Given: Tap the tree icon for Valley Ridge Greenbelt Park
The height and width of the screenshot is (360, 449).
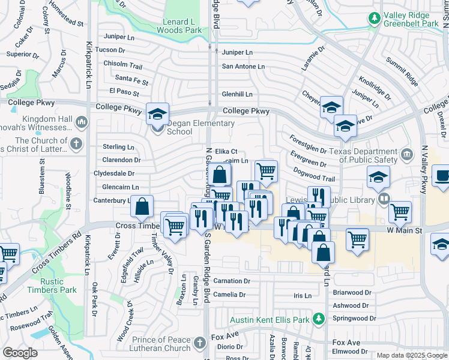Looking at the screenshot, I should (375, 19).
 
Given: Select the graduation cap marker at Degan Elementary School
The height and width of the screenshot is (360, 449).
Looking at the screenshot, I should (157, 113).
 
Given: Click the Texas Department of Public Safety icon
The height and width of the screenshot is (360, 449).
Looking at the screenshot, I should (407, 155).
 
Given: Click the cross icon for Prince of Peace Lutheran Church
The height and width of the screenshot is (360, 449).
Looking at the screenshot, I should (199, 343).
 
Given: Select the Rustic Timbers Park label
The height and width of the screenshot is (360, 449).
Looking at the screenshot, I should (59, 285).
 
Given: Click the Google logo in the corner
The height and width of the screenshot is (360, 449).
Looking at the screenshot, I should (20, 352).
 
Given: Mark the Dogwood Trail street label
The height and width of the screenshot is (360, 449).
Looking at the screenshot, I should (313, 178).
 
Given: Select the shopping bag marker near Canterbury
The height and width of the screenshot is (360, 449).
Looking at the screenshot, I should (142, 206).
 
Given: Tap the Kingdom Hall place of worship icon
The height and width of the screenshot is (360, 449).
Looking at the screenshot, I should (82, 123).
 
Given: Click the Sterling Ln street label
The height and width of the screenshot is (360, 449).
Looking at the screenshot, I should (118, 146).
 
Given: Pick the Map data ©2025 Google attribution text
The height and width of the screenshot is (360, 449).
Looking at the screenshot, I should (412, 355).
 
